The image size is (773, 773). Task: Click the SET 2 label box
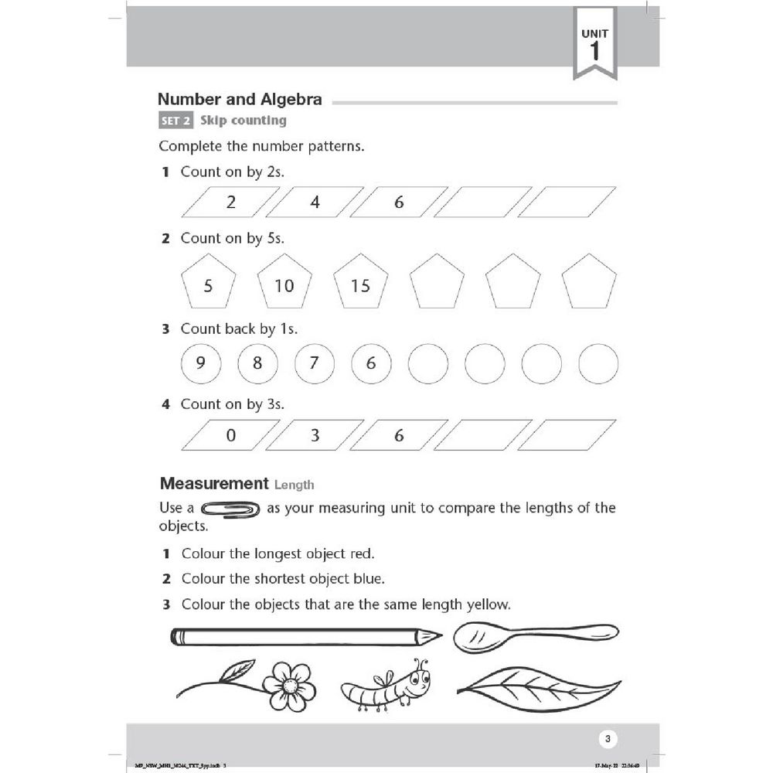(x=175, y=121)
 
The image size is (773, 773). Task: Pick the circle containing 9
(x=200, y=363)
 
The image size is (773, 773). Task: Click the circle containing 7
(x=314, y=363)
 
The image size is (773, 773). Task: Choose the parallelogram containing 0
(x=230, y=435)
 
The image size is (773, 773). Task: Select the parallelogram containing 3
(x=315, y=435)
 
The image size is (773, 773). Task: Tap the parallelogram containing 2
(x=230, y=203)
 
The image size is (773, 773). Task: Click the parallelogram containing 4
(x=315, y=203)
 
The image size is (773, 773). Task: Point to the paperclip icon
(x=230, y=509)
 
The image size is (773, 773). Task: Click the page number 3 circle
(x=608, y=740)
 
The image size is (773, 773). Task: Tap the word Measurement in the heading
(x=214, y=484)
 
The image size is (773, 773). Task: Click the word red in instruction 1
(x=361, y=553)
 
